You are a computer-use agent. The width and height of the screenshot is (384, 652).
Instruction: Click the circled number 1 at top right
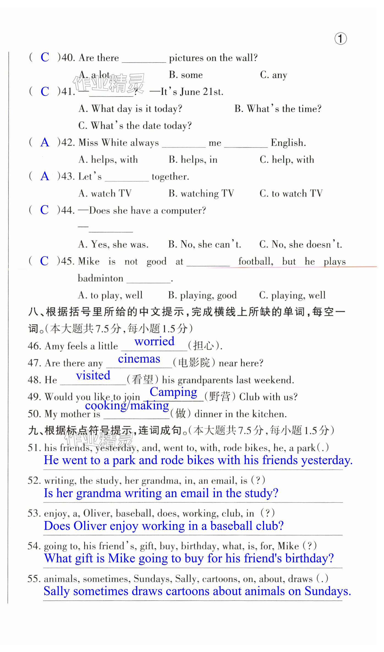tap(340, 39)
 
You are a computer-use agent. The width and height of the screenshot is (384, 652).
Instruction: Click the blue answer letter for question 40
tap(45, 57)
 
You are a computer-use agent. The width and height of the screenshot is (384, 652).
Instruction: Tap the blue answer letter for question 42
tap(45, 142)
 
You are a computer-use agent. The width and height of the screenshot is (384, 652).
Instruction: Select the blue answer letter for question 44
tap(44, 210)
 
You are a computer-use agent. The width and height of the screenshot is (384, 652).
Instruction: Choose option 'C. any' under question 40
tap(273, 75)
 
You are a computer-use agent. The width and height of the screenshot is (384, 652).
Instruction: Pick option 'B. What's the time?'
tap(278, 109)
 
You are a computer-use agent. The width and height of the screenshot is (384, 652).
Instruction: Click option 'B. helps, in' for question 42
tap(193, 160)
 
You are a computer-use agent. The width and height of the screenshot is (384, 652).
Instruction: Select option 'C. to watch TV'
tap(291, 193)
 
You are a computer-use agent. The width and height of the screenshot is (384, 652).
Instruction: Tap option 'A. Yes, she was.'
tap(113, 244)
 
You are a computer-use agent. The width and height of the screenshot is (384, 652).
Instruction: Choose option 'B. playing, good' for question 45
tap(202, 295)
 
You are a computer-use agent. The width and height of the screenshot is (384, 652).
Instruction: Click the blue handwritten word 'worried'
tap(154, 341)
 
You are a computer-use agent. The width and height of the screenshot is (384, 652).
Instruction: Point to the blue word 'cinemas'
tap(139, 359)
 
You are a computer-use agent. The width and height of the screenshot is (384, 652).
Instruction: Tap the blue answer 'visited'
tap(93, 375)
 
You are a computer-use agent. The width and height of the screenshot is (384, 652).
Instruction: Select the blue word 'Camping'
tap(173, 392)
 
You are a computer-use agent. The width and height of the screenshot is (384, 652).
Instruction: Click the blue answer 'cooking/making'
tap(127, 406)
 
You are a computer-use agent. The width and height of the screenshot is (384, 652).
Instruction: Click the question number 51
tap(34, 448)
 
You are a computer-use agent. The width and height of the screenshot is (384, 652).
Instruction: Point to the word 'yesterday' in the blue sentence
tap(327, 461)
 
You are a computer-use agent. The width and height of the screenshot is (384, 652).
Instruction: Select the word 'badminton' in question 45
tap(100, 278)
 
